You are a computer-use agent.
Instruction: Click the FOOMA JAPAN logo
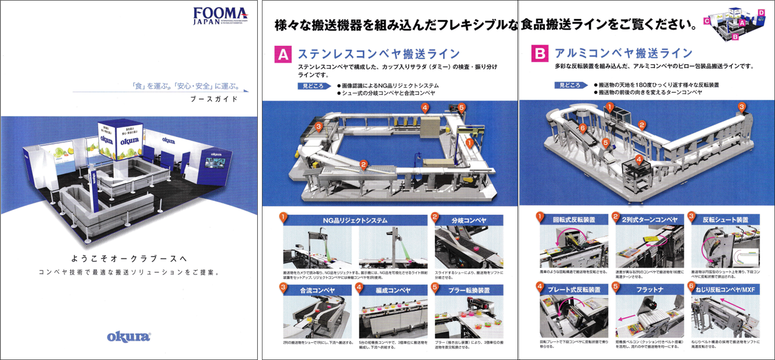tap(220, 16)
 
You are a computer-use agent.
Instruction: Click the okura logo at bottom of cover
tap(128, 337)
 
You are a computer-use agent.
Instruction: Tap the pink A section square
tap(282, 54)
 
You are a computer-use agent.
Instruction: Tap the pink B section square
tap(539, 53)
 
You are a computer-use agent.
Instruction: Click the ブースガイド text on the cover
tap(214, 99)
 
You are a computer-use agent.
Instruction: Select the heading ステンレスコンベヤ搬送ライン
tap(379, 54)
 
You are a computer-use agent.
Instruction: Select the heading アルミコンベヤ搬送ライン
tap(623, 53)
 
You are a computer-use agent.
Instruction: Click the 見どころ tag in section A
tap(313, 86)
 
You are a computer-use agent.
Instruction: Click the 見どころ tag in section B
tap(570, 85)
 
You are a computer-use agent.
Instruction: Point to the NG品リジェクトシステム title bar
tap(355, 220)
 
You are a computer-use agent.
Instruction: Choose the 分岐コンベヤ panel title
tap(468, 220)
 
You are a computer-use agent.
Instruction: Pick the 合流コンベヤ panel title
tap(317, 290)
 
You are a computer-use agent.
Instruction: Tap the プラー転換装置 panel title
tap(468, 290)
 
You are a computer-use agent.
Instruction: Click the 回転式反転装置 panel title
tap(574, 220)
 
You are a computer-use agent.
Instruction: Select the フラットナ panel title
tap(650, 289)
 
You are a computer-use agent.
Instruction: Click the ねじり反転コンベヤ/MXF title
tap(725, 289)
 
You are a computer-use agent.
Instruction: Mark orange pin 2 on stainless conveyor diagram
tap(363, 165)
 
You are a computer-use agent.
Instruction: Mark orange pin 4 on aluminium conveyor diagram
tap(639, 159)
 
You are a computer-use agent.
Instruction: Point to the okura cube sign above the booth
tap(120, 140)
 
